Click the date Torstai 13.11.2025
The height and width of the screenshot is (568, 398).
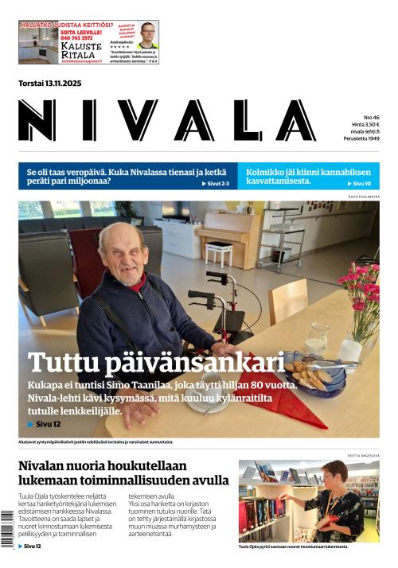coord(50,83)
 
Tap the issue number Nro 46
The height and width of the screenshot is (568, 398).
coord(371,117)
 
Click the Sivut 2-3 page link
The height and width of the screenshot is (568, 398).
coord(215,184)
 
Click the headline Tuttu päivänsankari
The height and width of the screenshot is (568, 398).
coord(156,363)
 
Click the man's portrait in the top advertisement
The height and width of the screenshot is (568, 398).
coord(148,36)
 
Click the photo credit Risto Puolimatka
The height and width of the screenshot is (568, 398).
coord(363,196)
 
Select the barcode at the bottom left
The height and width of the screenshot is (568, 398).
coord(9,530)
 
